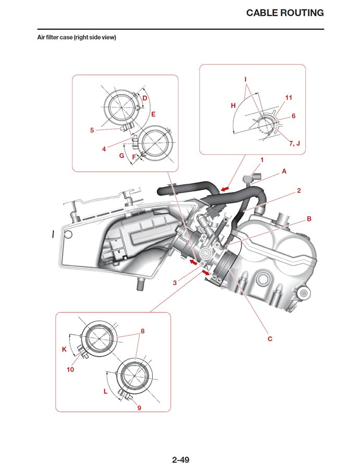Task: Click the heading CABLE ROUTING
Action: [285, 13]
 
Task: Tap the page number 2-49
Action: [180, 460]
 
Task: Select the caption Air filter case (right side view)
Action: [76, 38]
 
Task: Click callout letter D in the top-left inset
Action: [145, 98]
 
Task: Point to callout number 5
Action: [92, 130]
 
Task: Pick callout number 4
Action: [104, 149]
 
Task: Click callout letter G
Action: [122, 155]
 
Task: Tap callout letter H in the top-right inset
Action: [233, 105]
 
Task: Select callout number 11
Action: [289, 98]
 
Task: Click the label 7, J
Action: [295, 142]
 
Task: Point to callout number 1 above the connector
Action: [262, 160]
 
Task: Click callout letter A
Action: [284, 171]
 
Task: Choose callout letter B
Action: [309, 219]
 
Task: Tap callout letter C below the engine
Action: [270, 339]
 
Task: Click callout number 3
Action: [176, 282]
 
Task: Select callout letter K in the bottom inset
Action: [64, 350]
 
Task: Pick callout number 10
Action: [70, 369]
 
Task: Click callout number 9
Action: [139, 407]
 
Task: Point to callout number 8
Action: [142, 331]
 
